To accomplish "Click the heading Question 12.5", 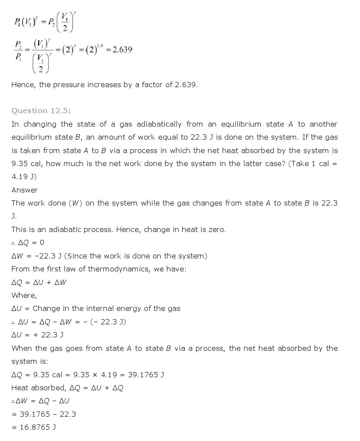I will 41,111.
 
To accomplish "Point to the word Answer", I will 25,190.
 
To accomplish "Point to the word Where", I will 24,295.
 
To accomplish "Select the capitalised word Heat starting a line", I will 20,388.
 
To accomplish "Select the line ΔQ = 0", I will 28,242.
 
